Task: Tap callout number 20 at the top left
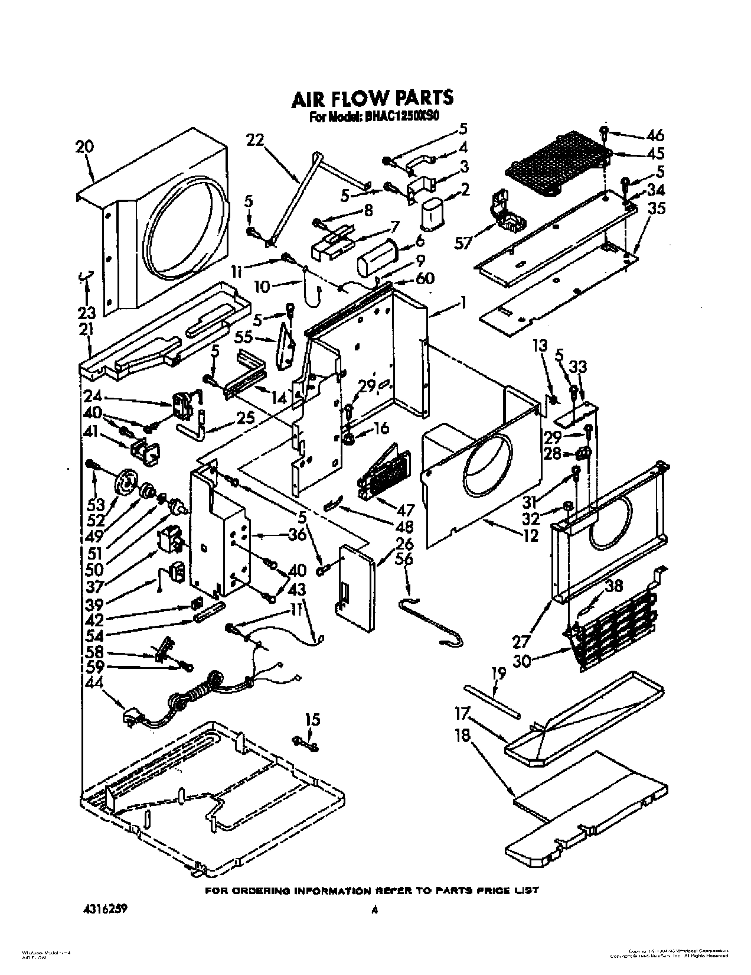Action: (84, 146)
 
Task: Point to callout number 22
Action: (256, 140)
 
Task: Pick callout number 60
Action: (426, 278)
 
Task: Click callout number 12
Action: (530, 535)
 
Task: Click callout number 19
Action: (499, 672)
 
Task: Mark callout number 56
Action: (404, 559)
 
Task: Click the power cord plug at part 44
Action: (131, 718)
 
